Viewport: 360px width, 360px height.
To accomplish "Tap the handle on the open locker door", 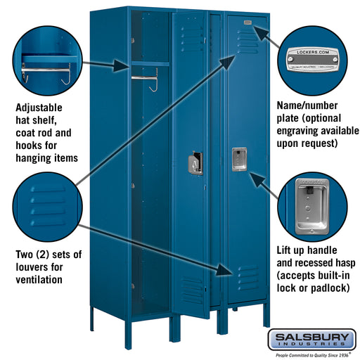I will click(x=195, y=163).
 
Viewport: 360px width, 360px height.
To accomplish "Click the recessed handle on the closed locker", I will click(x=238, y=159).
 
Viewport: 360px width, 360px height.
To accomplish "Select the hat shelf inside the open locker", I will click(x=149, y=63).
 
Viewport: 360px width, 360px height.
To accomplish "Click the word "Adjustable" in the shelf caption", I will click(x=39, y=108).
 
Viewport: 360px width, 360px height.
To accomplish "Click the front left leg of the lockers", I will click(x=93, y=321).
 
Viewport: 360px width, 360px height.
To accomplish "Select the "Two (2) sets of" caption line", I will click(x=48, y=254).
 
